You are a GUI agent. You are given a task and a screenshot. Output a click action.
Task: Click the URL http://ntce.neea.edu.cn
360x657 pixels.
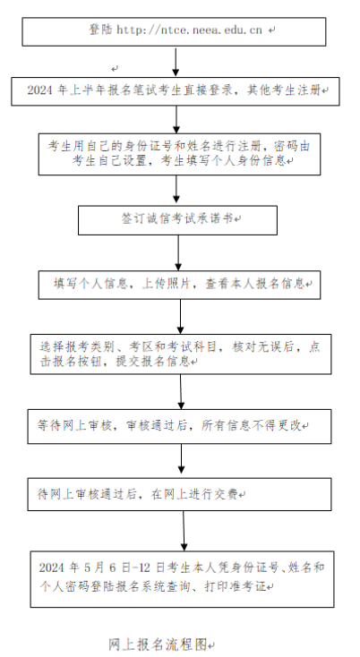189,30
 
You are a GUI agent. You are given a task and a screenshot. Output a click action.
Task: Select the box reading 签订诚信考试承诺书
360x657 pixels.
177,220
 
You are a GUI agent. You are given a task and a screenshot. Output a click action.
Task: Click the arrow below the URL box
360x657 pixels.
176,62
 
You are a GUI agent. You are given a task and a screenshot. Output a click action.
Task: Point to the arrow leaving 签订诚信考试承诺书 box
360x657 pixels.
178,252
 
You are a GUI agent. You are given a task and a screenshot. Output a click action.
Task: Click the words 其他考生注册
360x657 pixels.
284,90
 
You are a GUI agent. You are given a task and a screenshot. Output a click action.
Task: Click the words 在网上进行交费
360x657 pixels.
194,494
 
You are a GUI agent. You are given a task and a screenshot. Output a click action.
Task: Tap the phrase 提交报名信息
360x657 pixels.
153,362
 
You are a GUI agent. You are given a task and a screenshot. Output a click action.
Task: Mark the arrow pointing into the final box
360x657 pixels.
184,531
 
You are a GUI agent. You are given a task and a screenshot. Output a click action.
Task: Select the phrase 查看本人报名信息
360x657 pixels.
255,284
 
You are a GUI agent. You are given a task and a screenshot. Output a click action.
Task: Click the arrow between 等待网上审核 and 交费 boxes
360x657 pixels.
181,459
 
